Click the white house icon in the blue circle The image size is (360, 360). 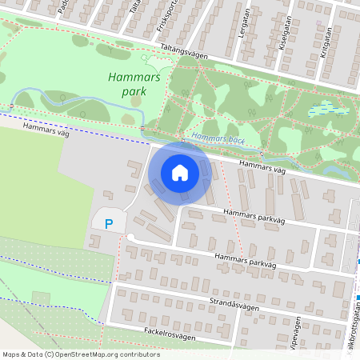(x=180, y=172)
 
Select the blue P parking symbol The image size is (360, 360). (x=110, y=223)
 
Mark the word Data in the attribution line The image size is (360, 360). (x=32, y=354)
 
